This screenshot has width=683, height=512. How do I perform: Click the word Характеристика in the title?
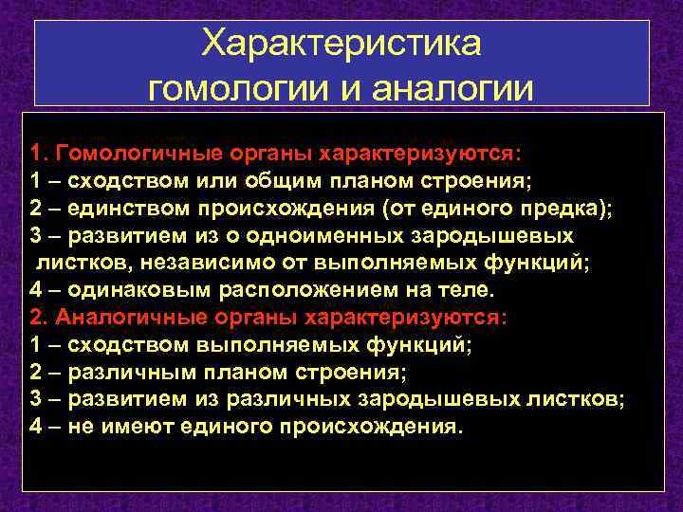[342, 44]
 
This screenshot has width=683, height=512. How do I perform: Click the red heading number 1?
[36, 154]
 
